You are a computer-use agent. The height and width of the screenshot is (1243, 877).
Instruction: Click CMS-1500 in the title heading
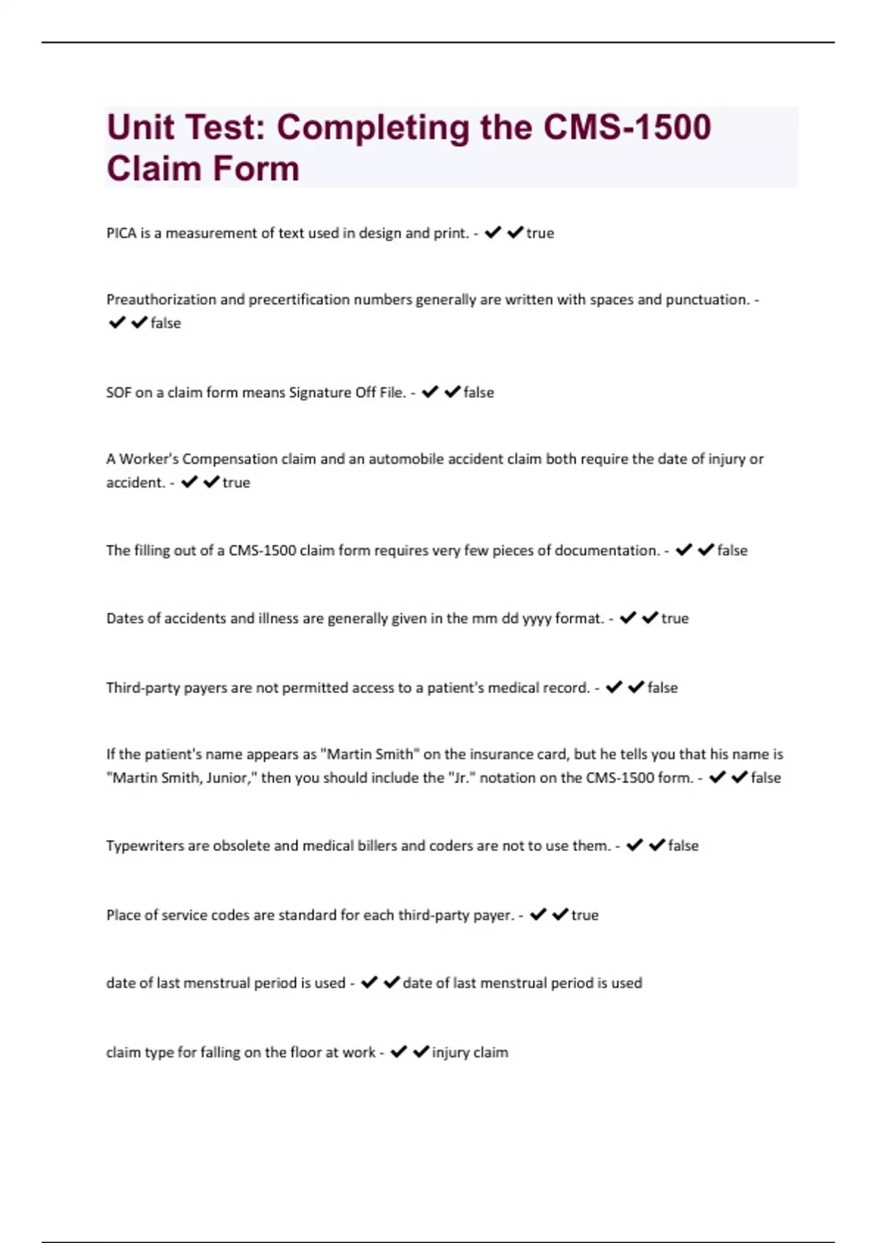(627, 127)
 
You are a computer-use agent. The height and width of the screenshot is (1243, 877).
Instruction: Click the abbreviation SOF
(118, 393)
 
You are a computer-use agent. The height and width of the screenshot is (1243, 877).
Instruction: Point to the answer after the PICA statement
(540, 233)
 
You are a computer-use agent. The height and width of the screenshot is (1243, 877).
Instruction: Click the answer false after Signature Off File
(479, 393)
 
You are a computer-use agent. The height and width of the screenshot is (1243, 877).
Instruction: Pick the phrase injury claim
(470, 1053)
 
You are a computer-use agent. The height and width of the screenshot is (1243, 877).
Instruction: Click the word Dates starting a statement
(124, 619)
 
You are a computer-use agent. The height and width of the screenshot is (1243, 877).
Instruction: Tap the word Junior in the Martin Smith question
(228, 778)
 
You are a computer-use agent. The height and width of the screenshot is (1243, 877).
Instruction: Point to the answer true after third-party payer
(585, 915)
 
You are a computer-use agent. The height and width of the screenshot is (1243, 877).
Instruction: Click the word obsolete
(241, 846)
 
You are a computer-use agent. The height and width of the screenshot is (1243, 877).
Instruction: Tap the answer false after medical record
(663, 688)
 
